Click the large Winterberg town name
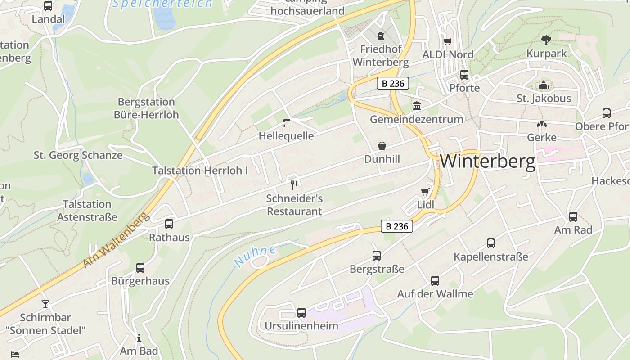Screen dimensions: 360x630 [x=488, y=161]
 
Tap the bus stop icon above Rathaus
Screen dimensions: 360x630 [x=169, y=224]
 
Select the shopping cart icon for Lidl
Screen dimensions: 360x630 [x=425, y=192]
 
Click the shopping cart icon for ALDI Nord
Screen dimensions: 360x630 [x=447, y=41]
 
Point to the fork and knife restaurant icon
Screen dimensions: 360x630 [x=294, y=184]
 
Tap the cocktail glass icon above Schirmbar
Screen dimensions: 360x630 [x=45, y=304]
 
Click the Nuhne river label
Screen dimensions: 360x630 [x=255, y=256]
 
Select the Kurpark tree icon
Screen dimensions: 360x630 [x=546, y=40]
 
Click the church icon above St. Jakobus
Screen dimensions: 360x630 [x=544, y=85]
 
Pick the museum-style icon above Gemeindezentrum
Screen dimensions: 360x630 [x=417, y=106]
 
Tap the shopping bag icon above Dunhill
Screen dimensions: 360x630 [x=382, y=146]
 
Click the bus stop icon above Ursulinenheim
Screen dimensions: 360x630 [x=301, y=312]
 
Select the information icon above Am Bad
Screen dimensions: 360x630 [x=139, y=338]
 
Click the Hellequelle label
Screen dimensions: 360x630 [x=286, y=136]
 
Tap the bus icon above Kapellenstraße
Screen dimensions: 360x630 [x=491, y=243]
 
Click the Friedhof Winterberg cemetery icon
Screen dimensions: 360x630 [x=381, y=36]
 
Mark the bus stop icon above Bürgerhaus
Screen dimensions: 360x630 [x=140, y=268]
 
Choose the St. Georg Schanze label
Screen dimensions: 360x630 [x=78, y=155]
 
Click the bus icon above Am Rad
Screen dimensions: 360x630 [x=573, y=217]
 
